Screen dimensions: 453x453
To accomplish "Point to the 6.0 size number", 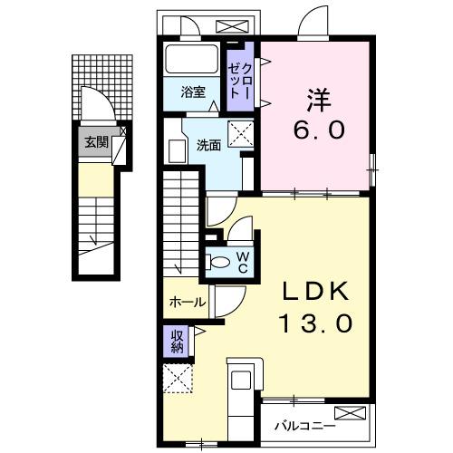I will click(318, 130).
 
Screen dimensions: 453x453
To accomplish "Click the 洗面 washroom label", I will click(209, 144).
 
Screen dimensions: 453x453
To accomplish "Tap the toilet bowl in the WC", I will click(219, 262).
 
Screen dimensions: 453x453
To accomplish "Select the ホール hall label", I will click(187, 302).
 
